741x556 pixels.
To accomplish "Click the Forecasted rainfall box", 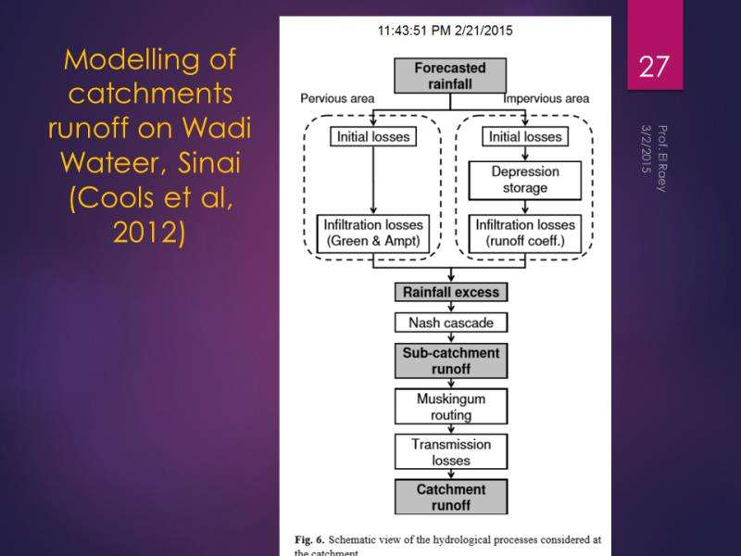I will (449, 76).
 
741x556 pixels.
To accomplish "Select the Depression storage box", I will (525, 180).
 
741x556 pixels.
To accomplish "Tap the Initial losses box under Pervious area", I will (370, 137).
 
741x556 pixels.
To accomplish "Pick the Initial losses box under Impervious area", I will (525, 137).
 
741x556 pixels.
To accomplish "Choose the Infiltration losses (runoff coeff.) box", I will (525, 232).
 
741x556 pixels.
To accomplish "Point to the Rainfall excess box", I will (449, 292).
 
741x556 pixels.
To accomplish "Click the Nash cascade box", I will (449, 322).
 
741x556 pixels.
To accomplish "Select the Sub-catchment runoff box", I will (449, 361).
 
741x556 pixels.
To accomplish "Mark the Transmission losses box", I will (449, 452).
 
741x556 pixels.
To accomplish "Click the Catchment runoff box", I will (449, 498).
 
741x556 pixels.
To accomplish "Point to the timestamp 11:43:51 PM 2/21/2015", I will (446, 31).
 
